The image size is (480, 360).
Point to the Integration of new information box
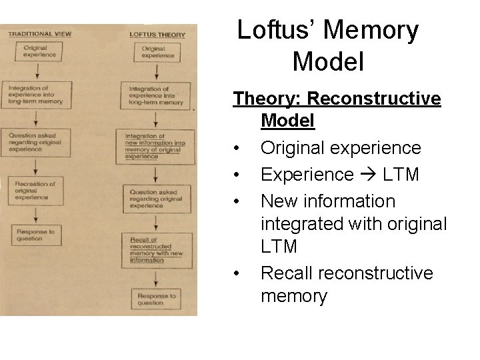155,146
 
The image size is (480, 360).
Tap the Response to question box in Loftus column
155,299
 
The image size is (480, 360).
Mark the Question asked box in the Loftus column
155,198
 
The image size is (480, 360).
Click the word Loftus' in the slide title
280,30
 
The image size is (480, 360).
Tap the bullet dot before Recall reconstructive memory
237,274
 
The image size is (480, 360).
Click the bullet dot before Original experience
237,148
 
